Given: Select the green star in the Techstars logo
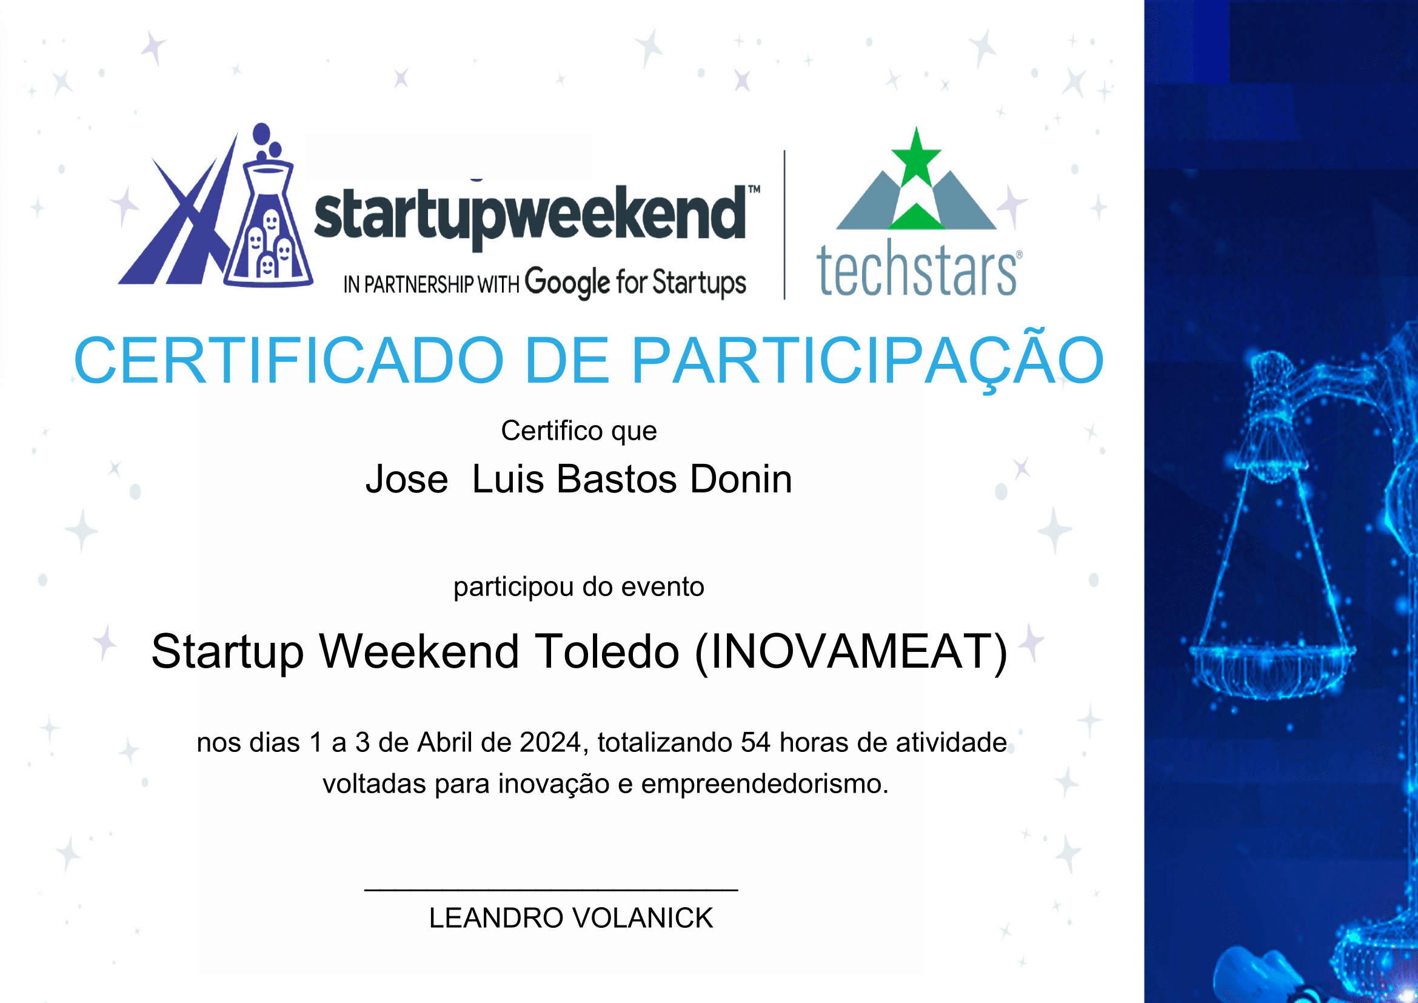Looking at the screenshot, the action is [x=917, y=156].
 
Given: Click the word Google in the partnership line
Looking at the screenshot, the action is [x=567, y=283].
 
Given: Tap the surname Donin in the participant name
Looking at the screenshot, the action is [x=741, y=478].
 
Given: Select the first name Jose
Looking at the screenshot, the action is [x=407, y=479].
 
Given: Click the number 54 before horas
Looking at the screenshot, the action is [x=755, y=742].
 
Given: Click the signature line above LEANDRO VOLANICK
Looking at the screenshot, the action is [x=551, y=890].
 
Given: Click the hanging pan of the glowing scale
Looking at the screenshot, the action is [x=1273, y=670].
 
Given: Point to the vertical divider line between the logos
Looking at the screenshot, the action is [x=784, y=225].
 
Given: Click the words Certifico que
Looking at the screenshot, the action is [x=579, y=431].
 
